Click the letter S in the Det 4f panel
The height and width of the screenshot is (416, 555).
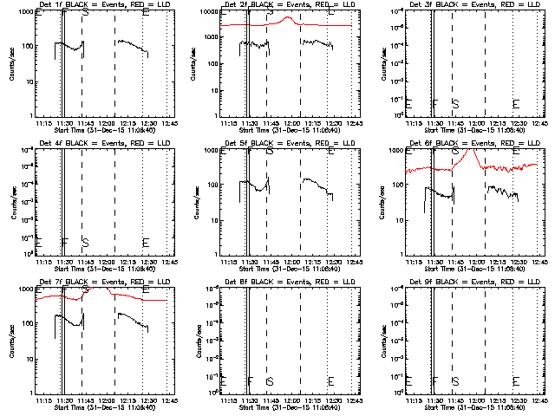(85, 242)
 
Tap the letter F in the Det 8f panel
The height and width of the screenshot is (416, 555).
(251, 380)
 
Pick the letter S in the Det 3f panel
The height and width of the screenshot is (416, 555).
(455, 103)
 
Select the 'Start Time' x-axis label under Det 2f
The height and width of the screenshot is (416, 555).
(278, 130)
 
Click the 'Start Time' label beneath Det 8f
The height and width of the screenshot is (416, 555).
(278, 407)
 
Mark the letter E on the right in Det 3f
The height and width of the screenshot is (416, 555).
(516, 103)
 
